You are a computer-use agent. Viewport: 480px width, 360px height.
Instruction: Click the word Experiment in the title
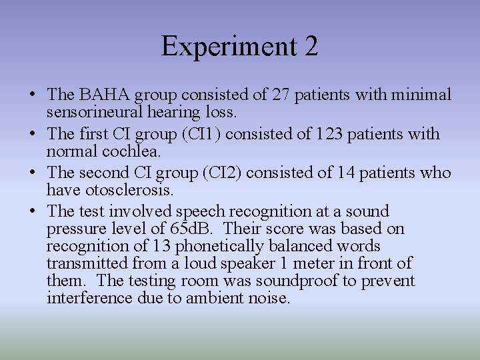click(223, 47)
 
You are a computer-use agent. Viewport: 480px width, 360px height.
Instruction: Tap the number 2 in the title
click(310, 47)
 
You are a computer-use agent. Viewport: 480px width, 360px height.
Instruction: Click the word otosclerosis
click(131, 190)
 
